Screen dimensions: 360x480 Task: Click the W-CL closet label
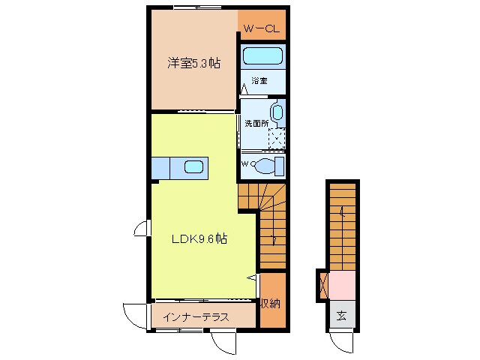pyautogui.click(x=262, y=30)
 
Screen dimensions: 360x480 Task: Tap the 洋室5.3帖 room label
pyautogui.click(x=193, y=64)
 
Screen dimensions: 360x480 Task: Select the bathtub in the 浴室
pyautogui.click(x=262, y=57)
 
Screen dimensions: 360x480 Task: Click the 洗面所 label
pyautogui.click(x=256, y=123)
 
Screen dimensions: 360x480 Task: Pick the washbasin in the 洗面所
pyautogui.click(x=277, y=113)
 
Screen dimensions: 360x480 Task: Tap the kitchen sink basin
pyautogui.click(x=193, y=168)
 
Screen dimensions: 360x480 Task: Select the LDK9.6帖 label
pyautogui.click(x=199, y=239)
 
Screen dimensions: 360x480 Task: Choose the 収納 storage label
pyautogui.click(x=271, y=303)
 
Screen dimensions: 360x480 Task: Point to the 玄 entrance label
pyautogui.click(x=340, y=315)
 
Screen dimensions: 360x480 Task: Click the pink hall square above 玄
pyautogui.click(x=342, y=286)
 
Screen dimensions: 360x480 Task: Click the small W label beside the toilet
pyautogui.click(x=245, y=163)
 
